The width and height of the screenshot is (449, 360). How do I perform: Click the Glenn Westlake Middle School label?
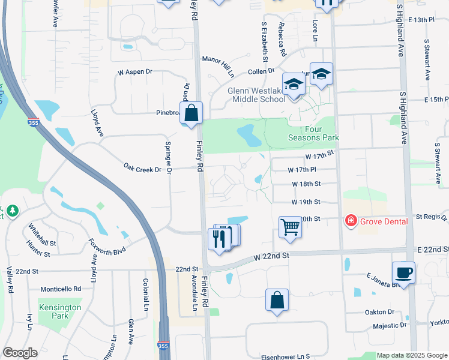pos(256,95)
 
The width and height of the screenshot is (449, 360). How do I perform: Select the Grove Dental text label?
pos(384,221)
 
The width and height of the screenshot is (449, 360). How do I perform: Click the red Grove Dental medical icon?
pos(351,221)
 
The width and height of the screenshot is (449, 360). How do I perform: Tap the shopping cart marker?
pos(290,227)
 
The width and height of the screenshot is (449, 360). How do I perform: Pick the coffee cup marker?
pos(403,273)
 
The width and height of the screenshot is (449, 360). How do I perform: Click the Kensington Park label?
pos(60,311)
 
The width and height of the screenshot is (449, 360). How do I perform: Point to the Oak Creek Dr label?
pos(142,169)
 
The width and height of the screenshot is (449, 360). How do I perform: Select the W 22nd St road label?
pos(271,256)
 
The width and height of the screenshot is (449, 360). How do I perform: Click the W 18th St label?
pos(306,184)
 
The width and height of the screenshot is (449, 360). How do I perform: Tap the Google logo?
pos(20,353)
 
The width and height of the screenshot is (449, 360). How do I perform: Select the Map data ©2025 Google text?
pos(412,355)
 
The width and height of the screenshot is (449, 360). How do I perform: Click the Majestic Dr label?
pos(390,326)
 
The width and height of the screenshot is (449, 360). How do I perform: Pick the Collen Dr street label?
pos(261,71)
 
